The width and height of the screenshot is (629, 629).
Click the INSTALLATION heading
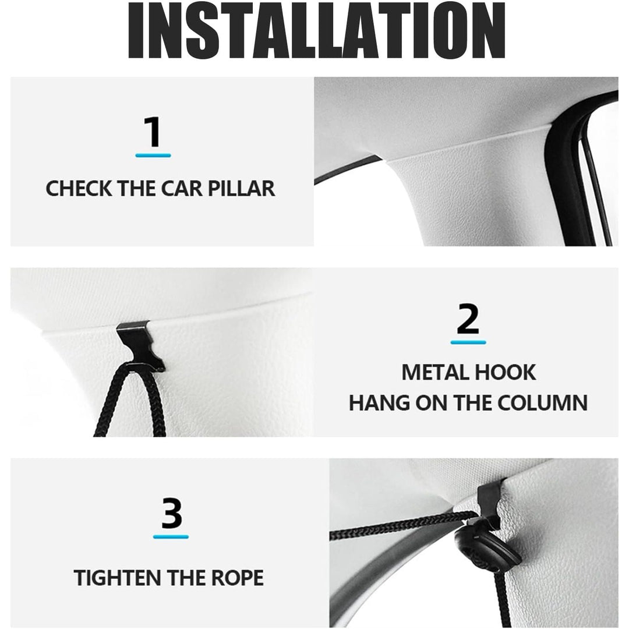(x=316, y=30)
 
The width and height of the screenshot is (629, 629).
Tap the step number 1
(x=153, y=132)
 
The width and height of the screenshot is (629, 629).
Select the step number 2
(x=468, y=319)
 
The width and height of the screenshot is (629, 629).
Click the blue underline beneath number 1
(x=153, y=156)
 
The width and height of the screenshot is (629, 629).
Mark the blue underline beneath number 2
(x=468, y=342)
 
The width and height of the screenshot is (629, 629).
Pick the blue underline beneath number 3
(x=171, y=536)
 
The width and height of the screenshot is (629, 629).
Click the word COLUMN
(x=543, y=403)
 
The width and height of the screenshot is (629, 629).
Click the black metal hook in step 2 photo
(x=140, y=346)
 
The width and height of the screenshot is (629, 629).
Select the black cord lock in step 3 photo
(x=487, y=547)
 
